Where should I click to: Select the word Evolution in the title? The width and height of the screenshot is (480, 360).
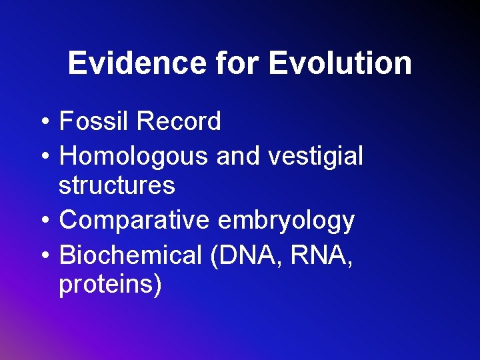pyautogui.click(x=340, y=64)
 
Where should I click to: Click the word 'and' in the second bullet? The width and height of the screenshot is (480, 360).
pyautogui.click(x=238, y=157)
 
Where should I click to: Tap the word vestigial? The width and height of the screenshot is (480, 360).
pyautogui.click(x=316, y=157)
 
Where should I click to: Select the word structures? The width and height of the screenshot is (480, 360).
pyautogui.click(x=117, y=185)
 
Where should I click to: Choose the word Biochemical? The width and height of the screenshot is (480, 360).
pyautogui.click(x=131, y=255)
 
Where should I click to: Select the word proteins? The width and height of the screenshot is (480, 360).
pyautogui.click(x=107, y=285)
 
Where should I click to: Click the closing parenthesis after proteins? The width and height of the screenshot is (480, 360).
pyautogui.click(x=158, y=285)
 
